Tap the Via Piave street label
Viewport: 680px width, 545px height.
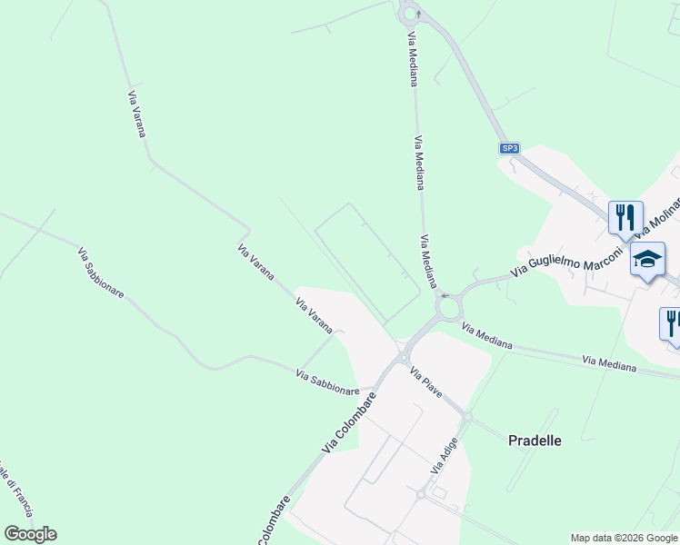[x=425, y=382]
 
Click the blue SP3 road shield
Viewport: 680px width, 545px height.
[x=510, y=148]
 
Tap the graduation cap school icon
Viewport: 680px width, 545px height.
[x=648, y=260]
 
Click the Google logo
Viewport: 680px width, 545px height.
[x=30, y=534]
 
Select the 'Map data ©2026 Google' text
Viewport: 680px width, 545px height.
[x=625, y=538]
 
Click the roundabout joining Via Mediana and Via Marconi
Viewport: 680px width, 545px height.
[x=448, y=310]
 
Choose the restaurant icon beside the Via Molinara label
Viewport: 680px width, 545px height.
[x=625, y=217]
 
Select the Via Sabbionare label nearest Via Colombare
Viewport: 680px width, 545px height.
[x=327, y=381]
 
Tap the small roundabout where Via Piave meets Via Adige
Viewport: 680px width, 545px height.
[x=465, y=418]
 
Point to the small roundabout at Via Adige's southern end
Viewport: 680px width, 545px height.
[x=421, y=495]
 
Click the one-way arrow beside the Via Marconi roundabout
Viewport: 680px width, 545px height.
[x=444, y=295]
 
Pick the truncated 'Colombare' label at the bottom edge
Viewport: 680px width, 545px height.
[x=273, y=520]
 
